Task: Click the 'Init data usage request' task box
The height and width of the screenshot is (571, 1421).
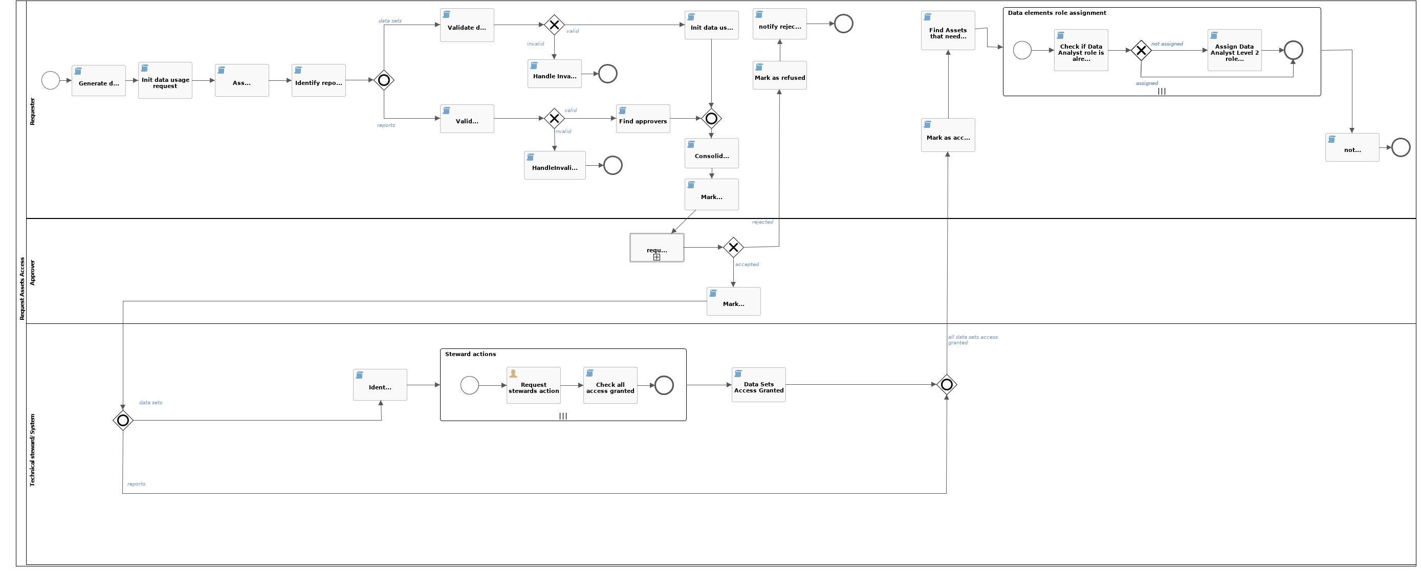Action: (x=165, y=80)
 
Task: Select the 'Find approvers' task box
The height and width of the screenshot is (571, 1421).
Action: (x=643, y=119)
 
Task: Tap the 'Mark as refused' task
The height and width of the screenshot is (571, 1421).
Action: (x=779, y=76)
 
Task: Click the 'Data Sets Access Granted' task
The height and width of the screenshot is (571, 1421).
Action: (x=758, y=385)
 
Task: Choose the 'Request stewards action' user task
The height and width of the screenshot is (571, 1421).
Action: (x=533, y=386)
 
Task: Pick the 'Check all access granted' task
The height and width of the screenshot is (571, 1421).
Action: (x=610, y=386)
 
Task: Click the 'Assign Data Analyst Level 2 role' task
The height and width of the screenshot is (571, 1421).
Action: (x=1234, y=50)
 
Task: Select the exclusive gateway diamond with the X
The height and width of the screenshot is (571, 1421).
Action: (x=1141, y=51)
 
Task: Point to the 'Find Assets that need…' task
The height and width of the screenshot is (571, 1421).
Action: (x=948, y=31)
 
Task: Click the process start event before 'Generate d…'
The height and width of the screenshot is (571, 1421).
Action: (x=51, y=80)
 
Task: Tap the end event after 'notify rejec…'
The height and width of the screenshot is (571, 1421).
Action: (x=843, y=24)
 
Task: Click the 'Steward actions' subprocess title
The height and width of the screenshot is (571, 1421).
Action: (x=471, y=354)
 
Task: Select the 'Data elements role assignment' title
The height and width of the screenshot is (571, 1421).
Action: (x=1056, y=13)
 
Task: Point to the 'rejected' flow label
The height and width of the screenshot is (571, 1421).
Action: (x=762, y=222)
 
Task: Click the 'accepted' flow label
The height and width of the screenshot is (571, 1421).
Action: (x=747, y=264)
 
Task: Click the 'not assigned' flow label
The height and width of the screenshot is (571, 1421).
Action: (x=1167, y=43)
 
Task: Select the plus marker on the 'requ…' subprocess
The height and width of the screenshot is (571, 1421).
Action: (x=657, y=257)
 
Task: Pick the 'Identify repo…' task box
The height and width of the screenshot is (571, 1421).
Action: (x=318, y=80)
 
